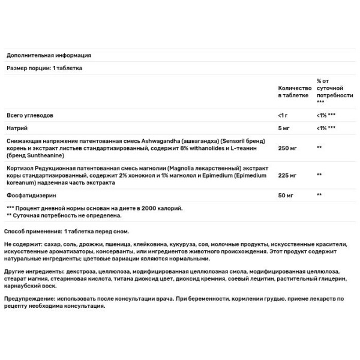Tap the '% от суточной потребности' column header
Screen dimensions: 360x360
[x=334, y=91]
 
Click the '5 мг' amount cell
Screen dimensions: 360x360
[x=284, y=128]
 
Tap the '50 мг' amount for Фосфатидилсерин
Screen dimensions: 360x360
[x=286, y=195]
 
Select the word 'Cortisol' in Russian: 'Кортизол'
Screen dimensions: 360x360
[x=20, y=167]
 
